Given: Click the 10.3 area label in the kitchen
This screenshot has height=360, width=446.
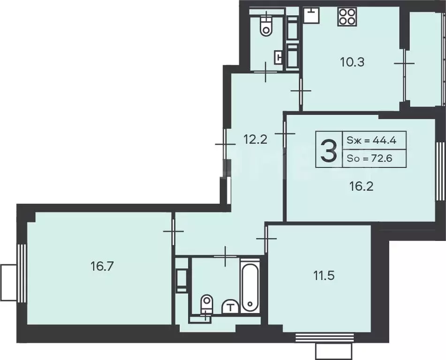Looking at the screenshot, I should tap(352, 61).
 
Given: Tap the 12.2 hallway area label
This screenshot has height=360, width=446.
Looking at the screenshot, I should tap(255, 139).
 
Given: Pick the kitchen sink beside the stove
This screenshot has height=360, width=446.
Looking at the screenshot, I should tap(310, 15).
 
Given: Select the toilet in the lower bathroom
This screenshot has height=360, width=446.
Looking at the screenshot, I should tap(205, 306).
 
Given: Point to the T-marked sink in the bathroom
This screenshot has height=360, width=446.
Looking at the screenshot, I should tap(230, 307).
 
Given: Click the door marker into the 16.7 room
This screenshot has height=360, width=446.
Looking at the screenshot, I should tap(173, 232).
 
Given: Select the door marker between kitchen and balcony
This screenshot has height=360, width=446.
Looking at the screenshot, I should tap(403, 63).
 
